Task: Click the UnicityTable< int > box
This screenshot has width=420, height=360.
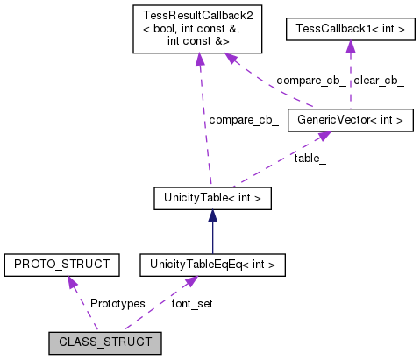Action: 212,199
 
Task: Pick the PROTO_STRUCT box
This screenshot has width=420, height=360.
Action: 61,263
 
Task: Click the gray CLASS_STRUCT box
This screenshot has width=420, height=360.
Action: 105,342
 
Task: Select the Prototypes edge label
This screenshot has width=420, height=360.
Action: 117,303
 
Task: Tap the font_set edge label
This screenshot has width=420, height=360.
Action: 192,303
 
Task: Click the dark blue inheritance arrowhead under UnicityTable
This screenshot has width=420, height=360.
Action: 211,215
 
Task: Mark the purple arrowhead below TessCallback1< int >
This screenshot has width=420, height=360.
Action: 351,50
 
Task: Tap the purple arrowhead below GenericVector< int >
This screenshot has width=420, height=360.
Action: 323,137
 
